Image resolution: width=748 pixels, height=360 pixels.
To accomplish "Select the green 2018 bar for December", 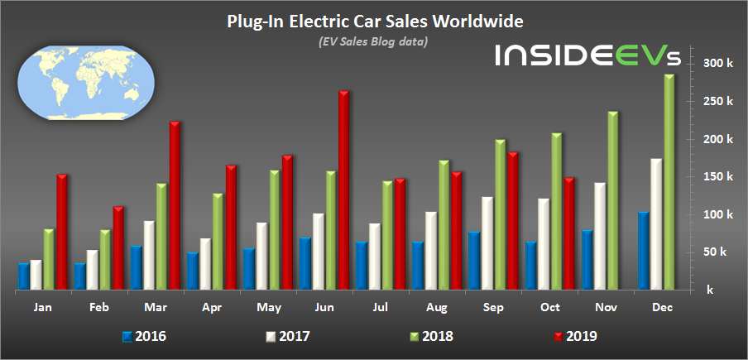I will [x=669, y=182].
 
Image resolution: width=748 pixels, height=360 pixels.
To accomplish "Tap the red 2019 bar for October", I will [x=569, y=233].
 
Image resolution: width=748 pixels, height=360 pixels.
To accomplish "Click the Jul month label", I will [x=378, y=308].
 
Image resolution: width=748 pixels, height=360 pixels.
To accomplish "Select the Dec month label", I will [x=662, y=308].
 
